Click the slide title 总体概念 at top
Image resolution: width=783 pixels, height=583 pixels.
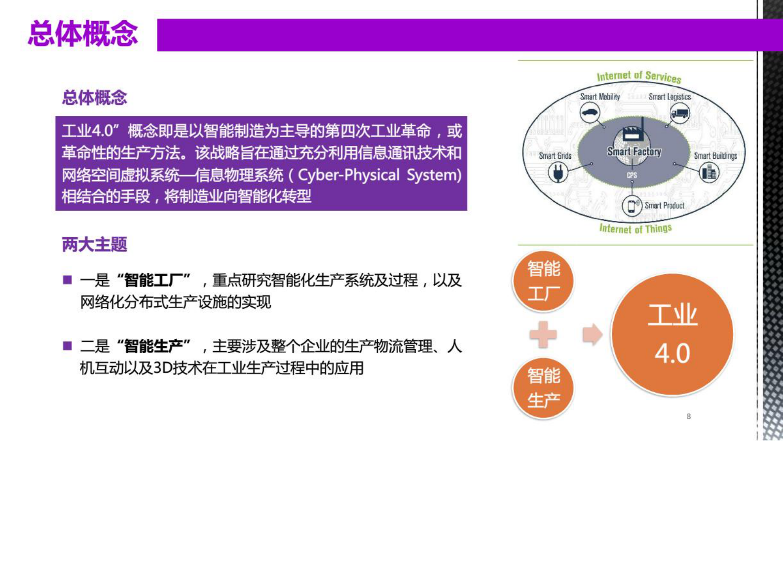[83, 34]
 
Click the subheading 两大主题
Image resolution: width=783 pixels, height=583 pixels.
[94, 244]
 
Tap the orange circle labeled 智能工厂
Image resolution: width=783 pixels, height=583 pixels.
[543, 281]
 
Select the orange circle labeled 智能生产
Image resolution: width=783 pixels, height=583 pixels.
[543, 388]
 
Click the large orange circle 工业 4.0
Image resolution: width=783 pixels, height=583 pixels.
[672, 334]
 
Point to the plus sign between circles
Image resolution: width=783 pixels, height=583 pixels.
[543, 334]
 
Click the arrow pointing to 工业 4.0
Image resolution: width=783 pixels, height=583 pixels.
[592, 334]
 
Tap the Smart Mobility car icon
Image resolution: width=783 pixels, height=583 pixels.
[590, 113]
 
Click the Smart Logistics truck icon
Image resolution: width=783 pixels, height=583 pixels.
[680, 114]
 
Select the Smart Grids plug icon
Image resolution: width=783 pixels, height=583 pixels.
[558, 173]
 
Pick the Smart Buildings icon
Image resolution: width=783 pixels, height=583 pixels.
[709, 172]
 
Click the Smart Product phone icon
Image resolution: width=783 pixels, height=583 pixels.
[632, 206]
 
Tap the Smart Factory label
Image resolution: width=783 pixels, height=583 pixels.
[634, 151]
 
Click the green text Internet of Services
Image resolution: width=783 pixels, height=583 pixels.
[638, 76]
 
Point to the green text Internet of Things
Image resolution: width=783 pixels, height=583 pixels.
[635, 228]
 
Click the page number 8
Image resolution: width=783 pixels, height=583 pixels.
[688, 416]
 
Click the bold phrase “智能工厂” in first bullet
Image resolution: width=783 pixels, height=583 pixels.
[154, 280]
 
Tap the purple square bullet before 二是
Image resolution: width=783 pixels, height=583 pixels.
[68, 345]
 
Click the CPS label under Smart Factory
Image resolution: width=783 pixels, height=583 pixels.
[632, 175]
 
